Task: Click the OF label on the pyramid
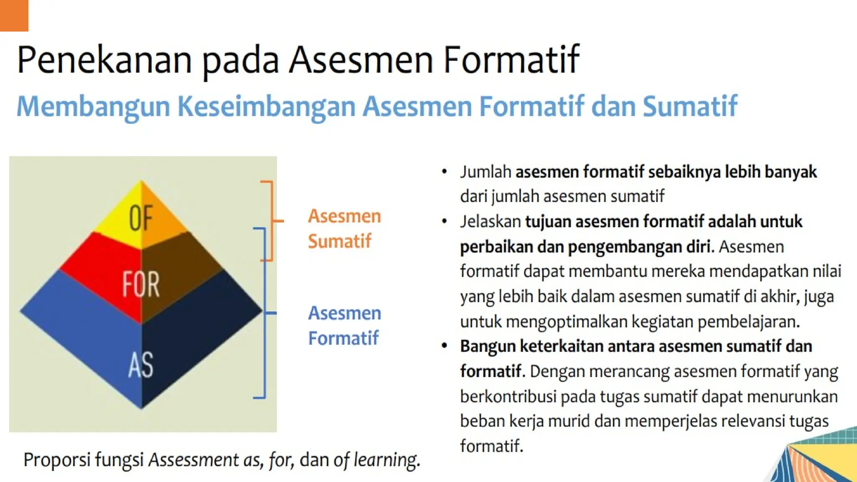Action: [141, 218]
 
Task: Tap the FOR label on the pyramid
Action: [141, 285]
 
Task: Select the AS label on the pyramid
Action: [141, 365]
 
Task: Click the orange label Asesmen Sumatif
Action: [344, 228]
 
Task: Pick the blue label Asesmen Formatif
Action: [344, 326]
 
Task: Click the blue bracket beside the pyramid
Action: [264, 313]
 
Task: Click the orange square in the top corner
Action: [14, 15]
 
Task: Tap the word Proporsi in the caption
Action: [57, 460]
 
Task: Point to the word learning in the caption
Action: [386, 460]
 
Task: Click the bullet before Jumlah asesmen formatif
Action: [444, 172]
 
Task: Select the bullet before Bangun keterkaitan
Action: [444, 346]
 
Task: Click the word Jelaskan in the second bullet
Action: [490, 222]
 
